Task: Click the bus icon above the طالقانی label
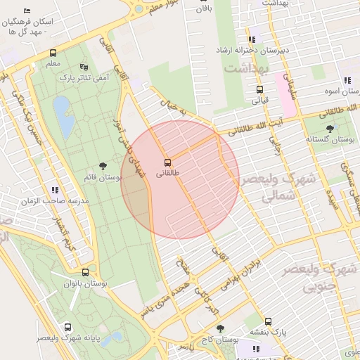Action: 167,161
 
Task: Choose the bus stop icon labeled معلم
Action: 53,53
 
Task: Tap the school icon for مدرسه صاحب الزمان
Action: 55,190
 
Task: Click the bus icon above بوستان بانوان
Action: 85,272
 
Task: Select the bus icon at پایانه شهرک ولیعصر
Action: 67,328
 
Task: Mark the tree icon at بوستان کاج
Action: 220,328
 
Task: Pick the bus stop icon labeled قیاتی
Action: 259,89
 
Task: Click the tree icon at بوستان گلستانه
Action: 330,128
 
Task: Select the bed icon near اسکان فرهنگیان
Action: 27,11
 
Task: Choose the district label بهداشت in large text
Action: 245,69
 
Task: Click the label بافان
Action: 204,9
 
